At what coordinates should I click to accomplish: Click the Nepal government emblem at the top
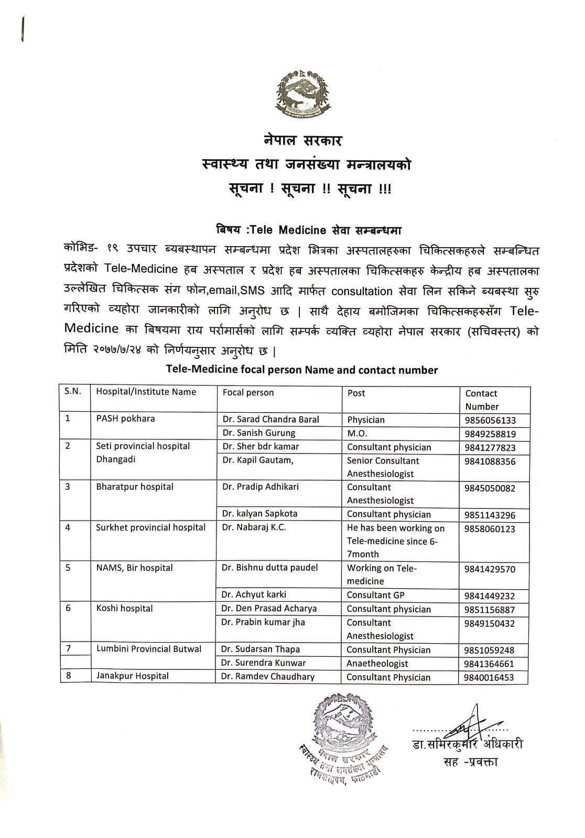tap(303, 93)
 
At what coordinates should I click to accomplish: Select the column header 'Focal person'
tap(248, 392)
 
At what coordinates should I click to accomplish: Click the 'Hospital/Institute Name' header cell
tap(146, 392)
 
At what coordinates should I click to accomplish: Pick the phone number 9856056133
tap(490, 420)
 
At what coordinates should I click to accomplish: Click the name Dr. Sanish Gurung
tap(258, 433)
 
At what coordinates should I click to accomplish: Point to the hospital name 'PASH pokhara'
tap(125, 419)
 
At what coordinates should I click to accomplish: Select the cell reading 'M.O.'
tap(357, 434)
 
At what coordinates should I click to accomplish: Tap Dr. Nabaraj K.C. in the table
tap(254, 527)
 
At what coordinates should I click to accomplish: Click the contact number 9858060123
tap(490, 529)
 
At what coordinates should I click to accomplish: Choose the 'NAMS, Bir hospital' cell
tap(134, 568)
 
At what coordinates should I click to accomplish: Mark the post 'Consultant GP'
tap(375, 595)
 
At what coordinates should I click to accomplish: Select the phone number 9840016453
tap(489, 678)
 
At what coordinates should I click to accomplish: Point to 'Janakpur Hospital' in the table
tap(132, 676)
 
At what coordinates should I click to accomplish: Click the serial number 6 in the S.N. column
tap(68, 608)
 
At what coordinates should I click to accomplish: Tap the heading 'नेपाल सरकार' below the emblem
tap(303, 140)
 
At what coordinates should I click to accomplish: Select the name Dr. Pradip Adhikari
tap(260, 487)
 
